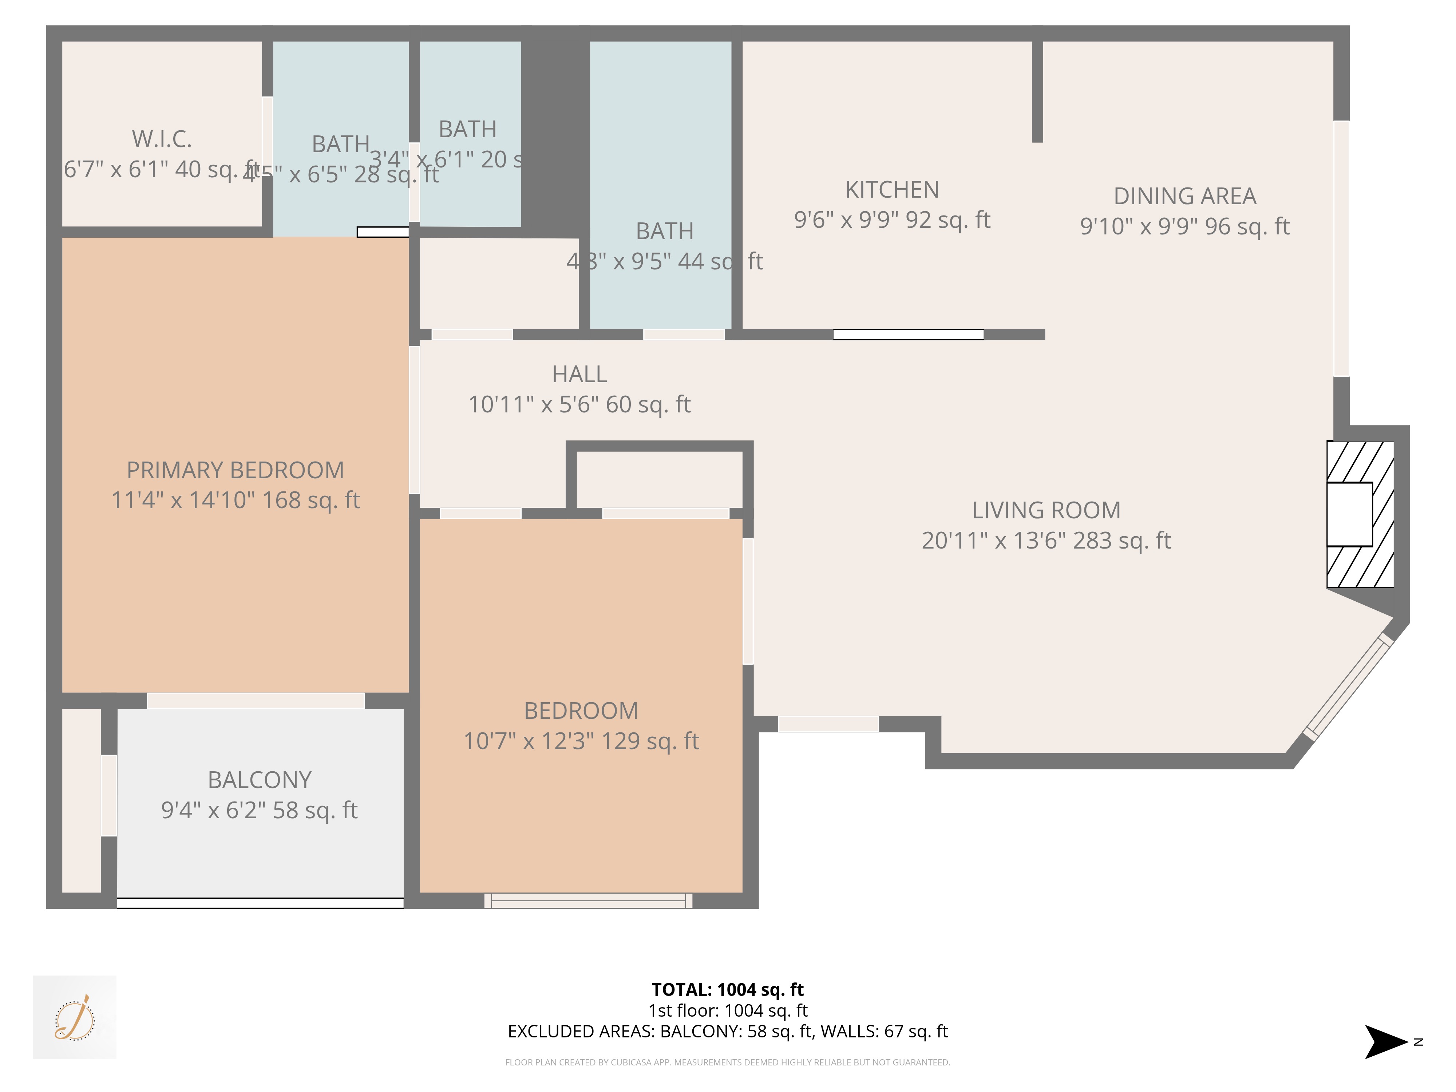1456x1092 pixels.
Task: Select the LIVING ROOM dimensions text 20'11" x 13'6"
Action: (x=1045, y=541)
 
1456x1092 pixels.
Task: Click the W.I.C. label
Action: (x=162, y=139)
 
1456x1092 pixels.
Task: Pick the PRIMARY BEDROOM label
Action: (x=235, y=470)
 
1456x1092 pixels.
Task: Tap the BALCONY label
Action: (x=259, y=780)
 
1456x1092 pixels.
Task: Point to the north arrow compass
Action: (x=1386, y=1041)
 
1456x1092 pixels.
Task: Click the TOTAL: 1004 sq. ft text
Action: (x=727, y=989)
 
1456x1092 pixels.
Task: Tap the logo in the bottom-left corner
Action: (x=74, y=1017)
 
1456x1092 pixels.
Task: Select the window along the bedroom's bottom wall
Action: (x=588, y=901)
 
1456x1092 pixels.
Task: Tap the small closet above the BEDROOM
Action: (x=660, y=479)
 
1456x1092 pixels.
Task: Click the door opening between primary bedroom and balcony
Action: (x=256, y=700)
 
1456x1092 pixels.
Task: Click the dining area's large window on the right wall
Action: (x=1341, y=249)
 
